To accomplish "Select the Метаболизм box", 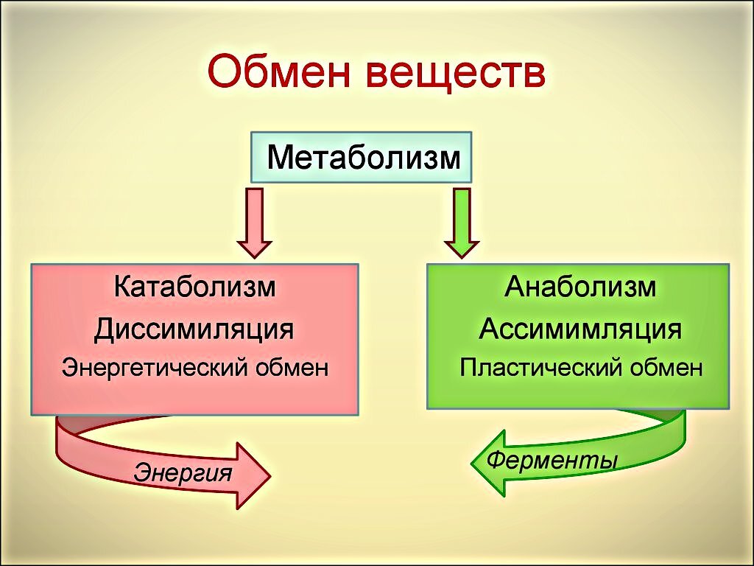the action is (361, 158).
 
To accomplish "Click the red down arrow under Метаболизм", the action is (254, 223).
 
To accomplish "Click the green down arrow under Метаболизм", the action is (462, 223).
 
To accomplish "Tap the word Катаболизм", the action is (194, 287).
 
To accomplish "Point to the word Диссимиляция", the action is (194, 330).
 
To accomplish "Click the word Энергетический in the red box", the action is (155, 368).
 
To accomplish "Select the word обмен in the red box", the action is (292, 368).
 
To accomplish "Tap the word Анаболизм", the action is (580, 287).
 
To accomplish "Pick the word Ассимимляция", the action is (580, 330).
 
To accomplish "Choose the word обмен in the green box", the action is (666, 368).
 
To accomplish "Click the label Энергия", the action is (183, 472).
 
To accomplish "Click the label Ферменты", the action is (552, 460).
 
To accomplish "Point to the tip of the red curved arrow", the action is (271, 476).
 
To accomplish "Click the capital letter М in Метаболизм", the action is (279, 157).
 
